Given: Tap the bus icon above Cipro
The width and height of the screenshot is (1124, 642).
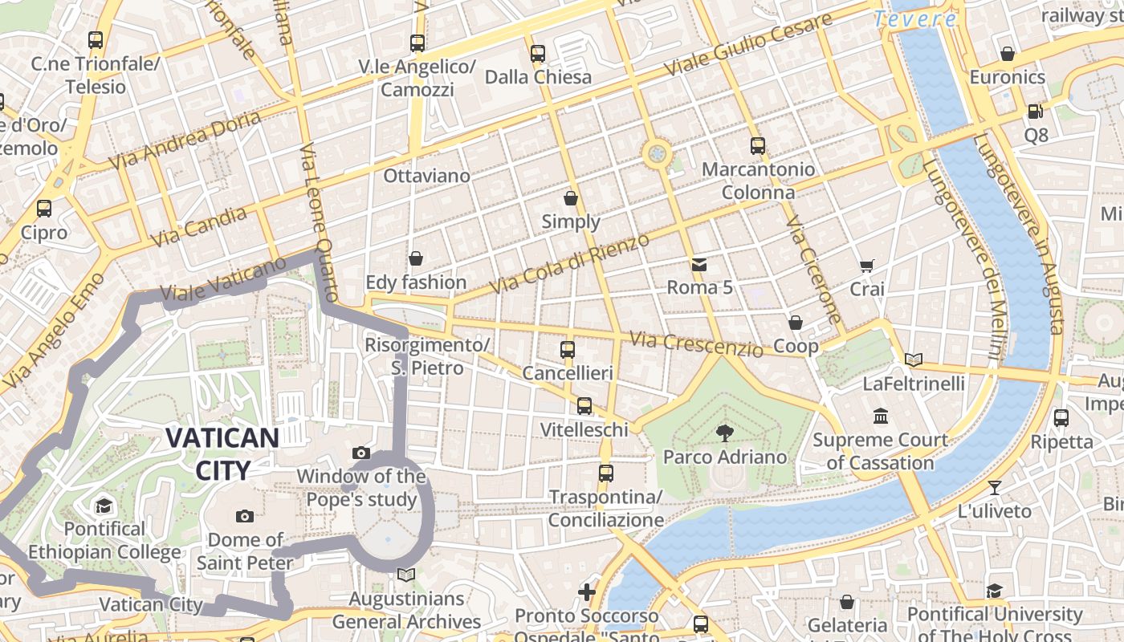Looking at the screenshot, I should point(44,209).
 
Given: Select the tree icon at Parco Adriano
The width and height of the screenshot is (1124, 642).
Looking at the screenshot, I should point(724,433).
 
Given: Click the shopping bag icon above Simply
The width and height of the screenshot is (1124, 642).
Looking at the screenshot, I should point(571,197).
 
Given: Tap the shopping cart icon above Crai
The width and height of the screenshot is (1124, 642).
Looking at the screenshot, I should point(867,266).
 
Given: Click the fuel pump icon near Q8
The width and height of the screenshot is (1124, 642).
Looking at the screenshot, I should point(1036,112).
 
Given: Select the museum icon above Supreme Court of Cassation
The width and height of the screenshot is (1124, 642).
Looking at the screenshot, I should point(881,416).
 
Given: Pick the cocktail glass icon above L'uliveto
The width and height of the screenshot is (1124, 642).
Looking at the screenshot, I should point(995,487).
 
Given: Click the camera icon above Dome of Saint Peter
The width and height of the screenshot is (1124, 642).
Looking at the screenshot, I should point(246,516).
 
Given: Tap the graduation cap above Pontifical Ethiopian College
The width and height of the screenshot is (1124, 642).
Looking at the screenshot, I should point(104,506).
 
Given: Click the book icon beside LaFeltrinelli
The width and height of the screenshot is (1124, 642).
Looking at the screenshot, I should point(914,360).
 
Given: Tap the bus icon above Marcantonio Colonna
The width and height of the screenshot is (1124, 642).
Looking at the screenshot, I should point(758,146).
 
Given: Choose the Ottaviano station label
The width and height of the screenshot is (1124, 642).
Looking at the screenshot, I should point(426,175).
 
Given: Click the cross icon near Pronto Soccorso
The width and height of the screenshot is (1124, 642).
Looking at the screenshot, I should point(587,592).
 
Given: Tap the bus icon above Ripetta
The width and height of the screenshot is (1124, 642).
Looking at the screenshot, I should point(1061,418).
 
